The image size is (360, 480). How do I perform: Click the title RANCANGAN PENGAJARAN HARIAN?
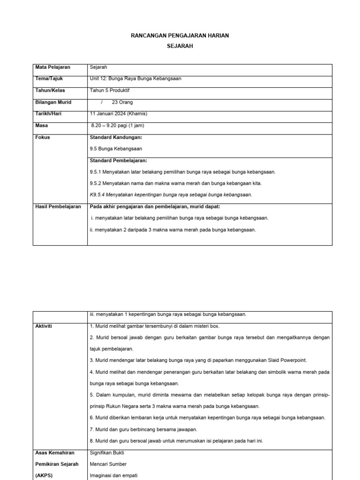tap(180, 36)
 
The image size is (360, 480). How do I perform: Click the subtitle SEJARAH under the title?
tap(180, 46)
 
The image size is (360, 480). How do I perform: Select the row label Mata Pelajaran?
tap(52, 67)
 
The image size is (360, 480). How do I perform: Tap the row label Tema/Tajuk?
tap(50, 79)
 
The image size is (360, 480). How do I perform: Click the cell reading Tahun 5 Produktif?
tap(109, 90)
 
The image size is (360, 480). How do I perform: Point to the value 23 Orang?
tap(122, 102)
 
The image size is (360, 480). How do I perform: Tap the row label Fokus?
tap(43, 137)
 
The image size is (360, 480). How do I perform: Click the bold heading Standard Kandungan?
tap(115, 137)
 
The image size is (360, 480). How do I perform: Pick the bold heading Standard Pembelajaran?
tap(118, 161)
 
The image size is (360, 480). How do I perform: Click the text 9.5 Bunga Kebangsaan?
tap(115, 149)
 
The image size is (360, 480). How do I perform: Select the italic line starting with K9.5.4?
tap(171, 195)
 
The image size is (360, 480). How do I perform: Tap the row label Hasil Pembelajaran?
tap(58, 207)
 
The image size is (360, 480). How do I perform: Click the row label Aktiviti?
tap(44, 326)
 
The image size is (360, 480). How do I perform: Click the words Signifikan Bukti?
tap(107, 453)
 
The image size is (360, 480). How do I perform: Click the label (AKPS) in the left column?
tap(45, 475)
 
